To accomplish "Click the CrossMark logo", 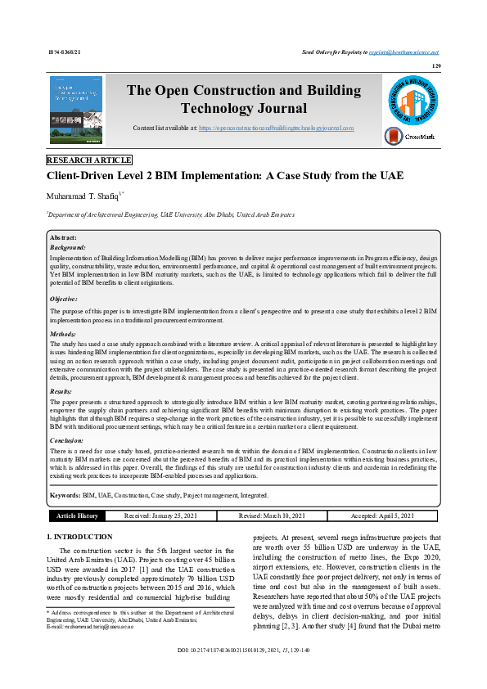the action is coord(417,137).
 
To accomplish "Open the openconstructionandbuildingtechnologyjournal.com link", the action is coord(276,128).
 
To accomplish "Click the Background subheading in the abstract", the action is coord(68,246).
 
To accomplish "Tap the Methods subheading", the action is coord(65,335).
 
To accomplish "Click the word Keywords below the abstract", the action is coord(65,496).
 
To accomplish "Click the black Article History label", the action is coord(77,516).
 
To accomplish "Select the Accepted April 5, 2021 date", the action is coord(383,516).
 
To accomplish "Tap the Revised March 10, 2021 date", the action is coord(272,516).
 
